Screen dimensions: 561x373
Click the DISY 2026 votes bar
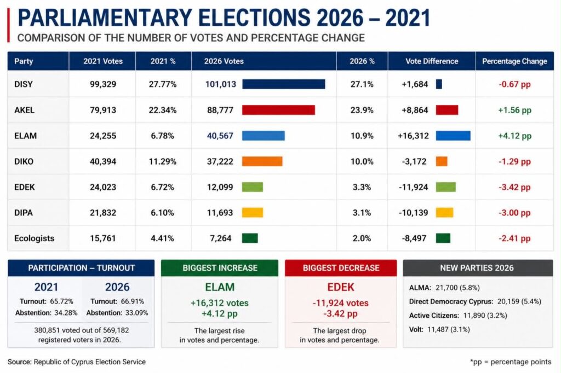click(284, 84)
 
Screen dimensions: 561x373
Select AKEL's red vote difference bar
click(447, 110)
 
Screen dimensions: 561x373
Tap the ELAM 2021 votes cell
click(103, 136)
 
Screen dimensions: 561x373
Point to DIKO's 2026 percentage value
click(362, 161)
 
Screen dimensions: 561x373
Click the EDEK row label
click(24, 187)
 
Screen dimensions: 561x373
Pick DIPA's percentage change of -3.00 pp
click(514, 213)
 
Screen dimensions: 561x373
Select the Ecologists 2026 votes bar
click(250, 238)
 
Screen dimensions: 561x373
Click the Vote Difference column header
click(432, 61)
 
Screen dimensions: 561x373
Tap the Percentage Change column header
click(514, 61)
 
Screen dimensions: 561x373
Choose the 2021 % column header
click(163, 61)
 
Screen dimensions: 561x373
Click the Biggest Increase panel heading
click(220, 268)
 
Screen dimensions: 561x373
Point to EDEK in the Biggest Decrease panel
click(341, 287)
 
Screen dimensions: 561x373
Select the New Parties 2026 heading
click(477, 268)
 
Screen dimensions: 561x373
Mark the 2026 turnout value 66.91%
click(133, 301)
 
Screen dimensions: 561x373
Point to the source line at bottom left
click(77, 362)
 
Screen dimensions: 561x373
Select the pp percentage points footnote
click(511, 362)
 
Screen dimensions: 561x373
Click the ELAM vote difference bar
click(453, 136)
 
